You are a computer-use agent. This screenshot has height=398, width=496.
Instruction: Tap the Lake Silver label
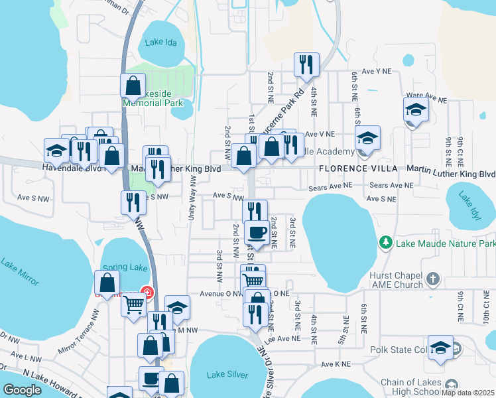227,375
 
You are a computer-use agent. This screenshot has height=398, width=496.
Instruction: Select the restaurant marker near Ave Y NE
306,64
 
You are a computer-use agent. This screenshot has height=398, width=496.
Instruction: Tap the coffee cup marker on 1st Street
257,232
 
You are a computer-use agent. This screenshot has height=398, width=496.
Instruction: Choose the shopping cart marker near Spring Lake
133,305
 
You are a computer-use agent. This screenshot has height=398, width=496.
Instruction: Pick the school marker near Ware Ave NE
416,109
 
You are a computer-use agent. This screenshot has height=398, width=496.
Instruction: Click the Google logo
23,390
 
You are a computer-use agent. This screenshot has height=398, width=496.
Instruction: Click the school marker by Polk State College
441,348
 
